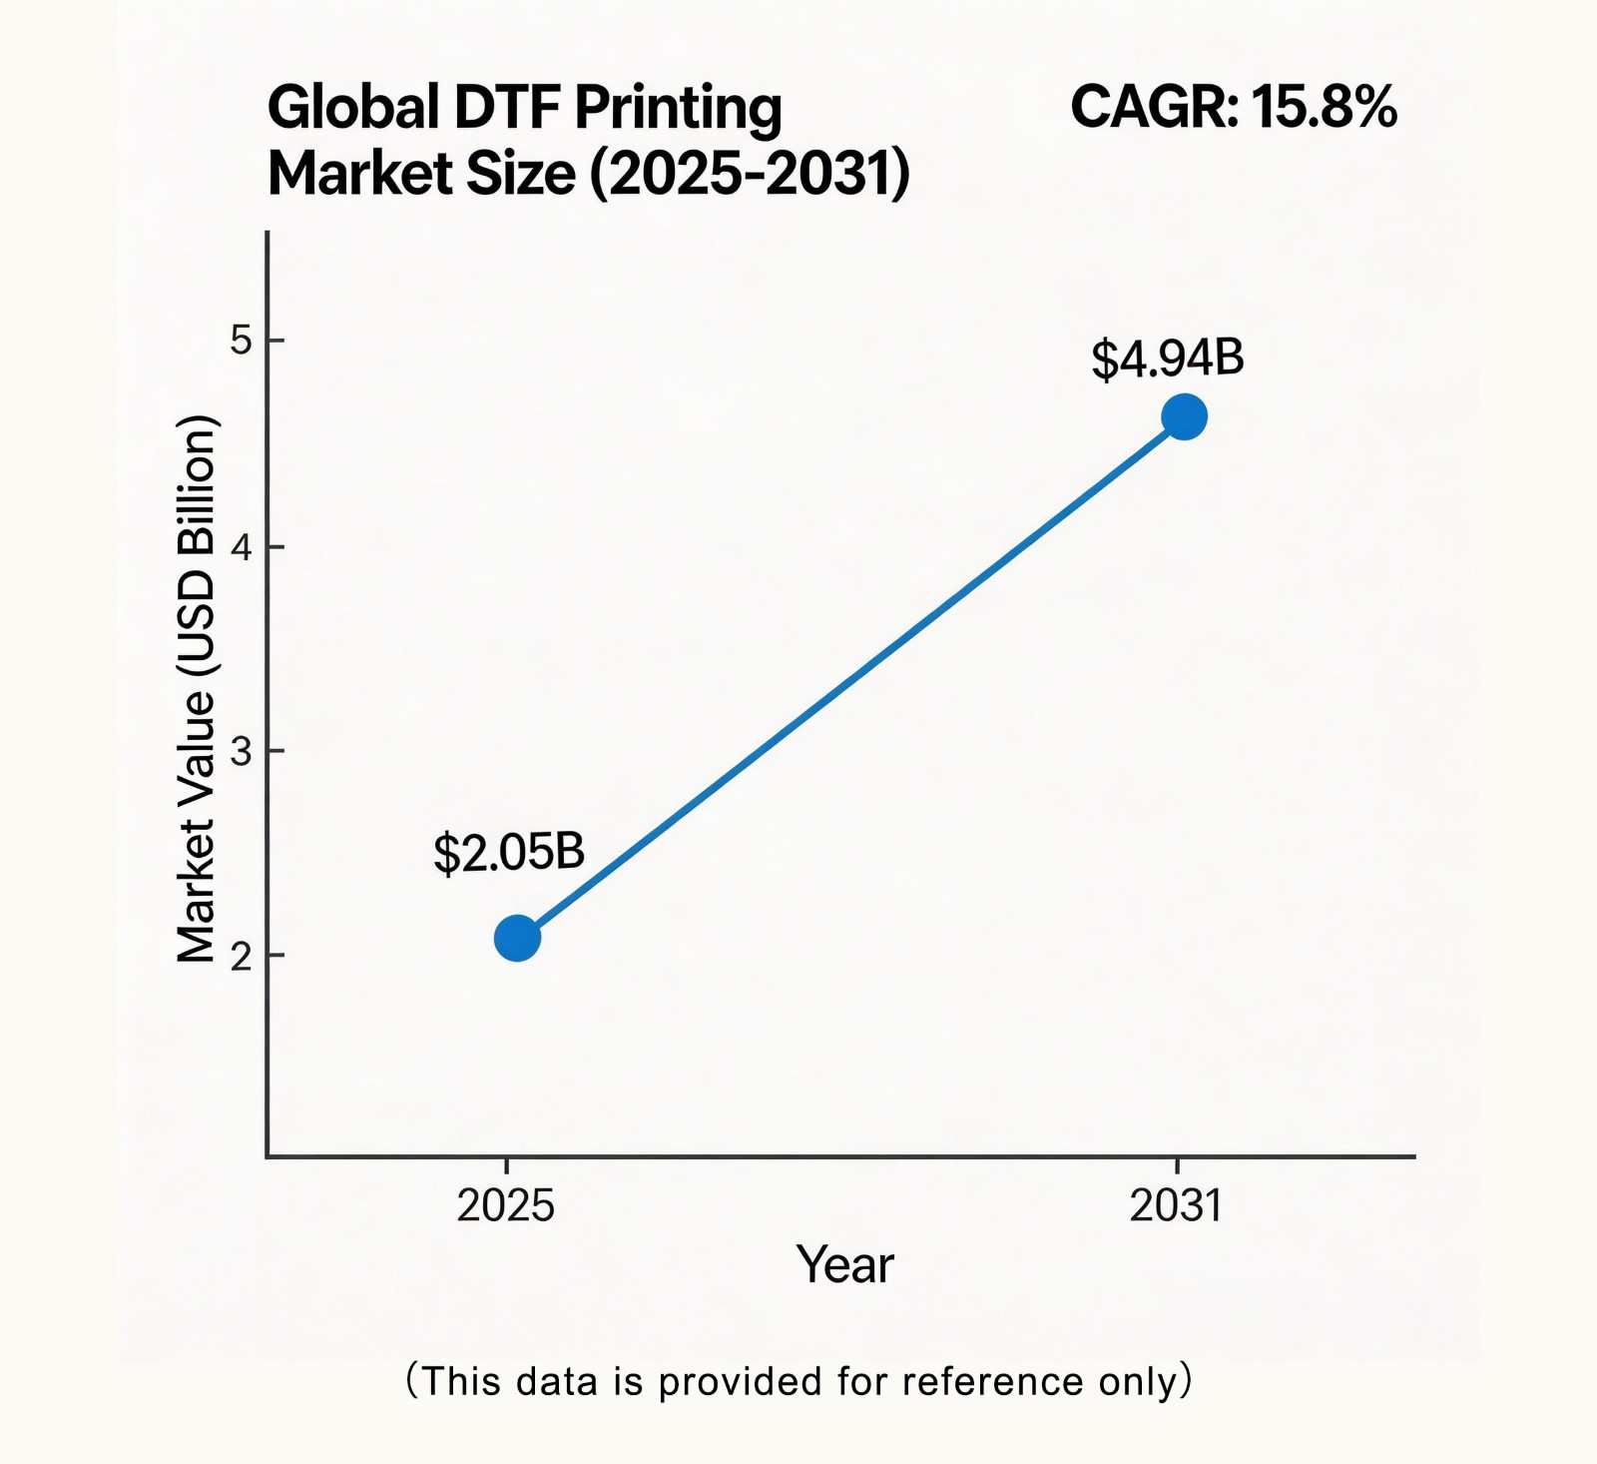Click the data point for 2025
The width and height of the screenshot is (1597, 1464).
click(x=517, y=938)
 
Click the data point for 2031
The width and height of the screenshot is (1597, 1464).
click(x=1185, y=416)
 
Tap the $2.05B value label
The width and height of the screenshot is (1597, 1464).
click(x=508, y=853)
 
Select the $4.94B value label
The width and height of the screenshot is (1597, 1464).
click(x=1167, y=358)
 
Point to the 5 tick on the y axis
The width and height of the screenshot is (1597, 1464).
click(x=241, y=341)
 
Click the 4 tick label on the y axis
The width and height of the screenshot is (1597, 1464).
click(x=241, y=547)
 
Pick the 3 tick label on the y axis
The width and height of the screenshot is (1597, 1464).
click(x=241, y=751)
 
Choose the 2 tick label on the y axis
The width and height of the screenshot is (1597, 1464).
click(x=241, y=956)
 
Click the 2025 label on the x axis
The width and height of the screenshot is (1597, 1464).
click(x=505, y=1206)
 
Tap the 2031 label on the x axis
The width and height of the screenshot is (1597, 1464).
click(x=1176, y=1206)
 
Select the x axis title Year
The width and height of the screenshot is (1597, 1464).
click(x=844, y=1264)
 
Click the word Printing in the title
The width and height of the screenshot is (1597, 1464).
click(x=678, y=109)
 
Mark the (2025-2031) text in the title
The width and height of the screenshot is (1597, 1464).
click(x=750, y=174)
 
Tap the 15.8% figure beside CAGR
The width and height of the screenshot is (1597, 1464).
click(x=1324, y=107)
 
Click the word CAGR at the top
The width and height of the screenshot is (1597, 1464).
click(x=1153, y=107)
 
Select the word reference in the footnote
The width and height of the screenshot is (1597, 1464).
click(x=992, y=1381)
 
